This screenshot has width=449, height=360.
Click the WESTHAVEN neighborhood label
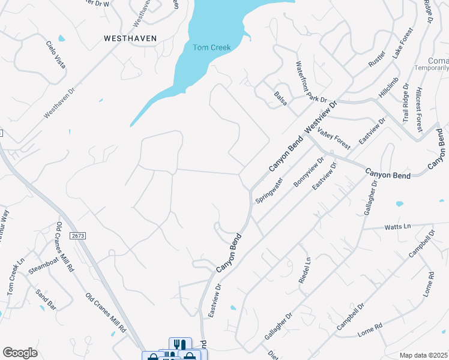[x=130, y=38]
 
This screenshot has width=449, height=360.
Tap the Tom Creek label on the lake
[x=211, y=47]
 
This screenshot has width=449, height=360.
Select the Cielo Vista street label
[x=56, y=54]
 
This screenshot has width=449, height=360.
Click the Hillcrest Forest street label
[x=419, y=106]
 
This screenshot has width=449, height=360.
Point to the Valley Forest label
[x=334, y=139]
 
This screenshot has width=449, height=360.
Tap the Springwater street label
[x=269, y=190]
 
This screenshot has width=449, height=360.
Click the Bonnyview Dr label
[x=309, y=173]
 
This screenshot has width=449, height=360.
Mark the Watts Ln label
[x=397, y=226]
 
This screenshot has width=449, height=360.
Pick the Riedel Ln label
[x=304, y=271]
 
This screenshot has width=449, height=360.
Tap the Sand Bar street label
[x=46, y=299]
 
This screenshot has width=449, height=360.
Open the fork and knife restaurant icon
[x=178, y=344]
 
